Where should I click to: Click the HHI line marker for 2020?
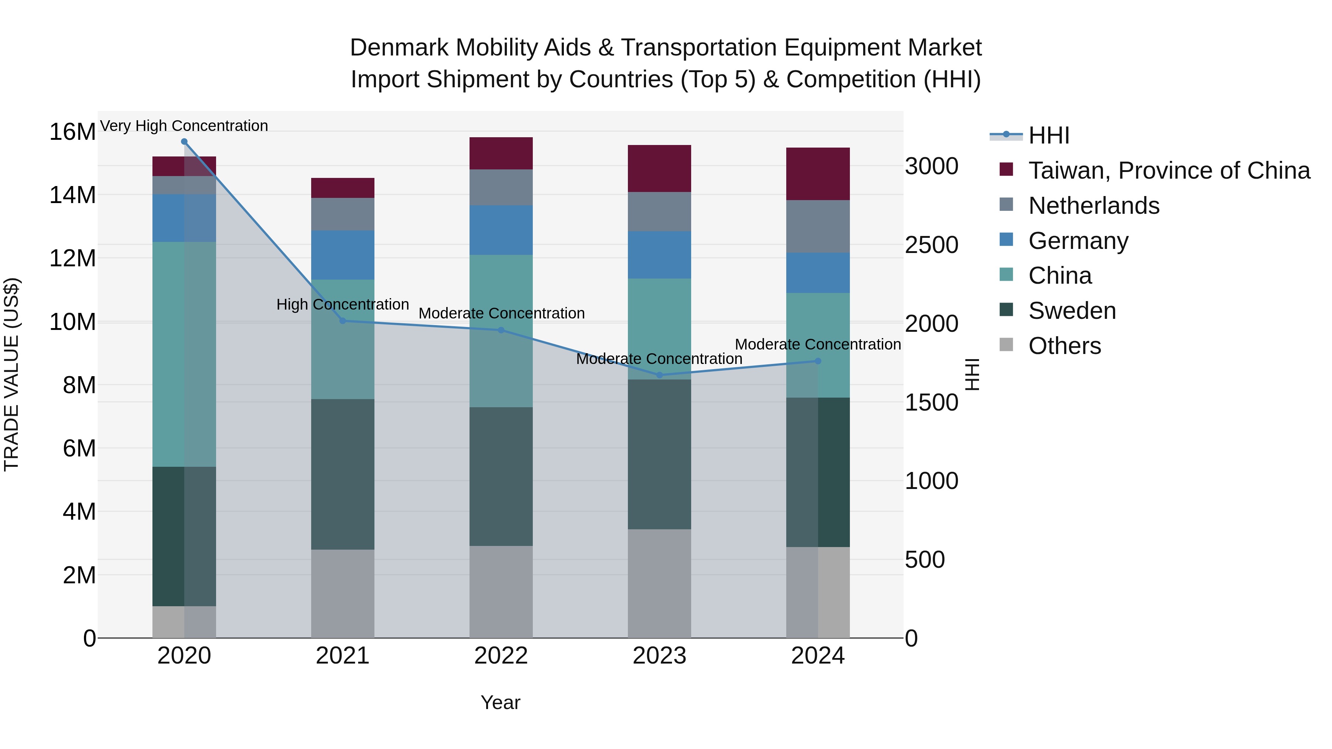(x=184, y=142)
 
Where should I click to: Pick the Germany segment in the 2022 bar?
(x=501, y=230)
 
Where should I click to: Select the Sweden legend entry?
(x=1072, y=311)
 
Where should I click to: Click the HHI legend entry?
(x=1049, y=135)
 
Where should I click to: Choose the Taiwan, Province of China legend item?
(x=1168, y=171)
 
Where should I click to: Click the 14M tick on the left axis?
(x=73, y=195)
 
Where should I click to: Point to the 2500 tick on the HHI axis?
(x=931, y=245)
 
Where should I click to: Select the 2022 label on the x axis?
(x=501, y=656)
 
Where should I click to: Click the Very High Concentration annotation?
(x=184, y=126)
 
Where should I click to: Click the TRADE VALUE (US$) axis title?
(x=11, y=374)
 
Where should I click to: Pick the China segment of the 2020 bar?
(x=184, y=354)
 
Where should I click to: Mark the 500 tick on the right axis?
(x=925, y=560)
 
